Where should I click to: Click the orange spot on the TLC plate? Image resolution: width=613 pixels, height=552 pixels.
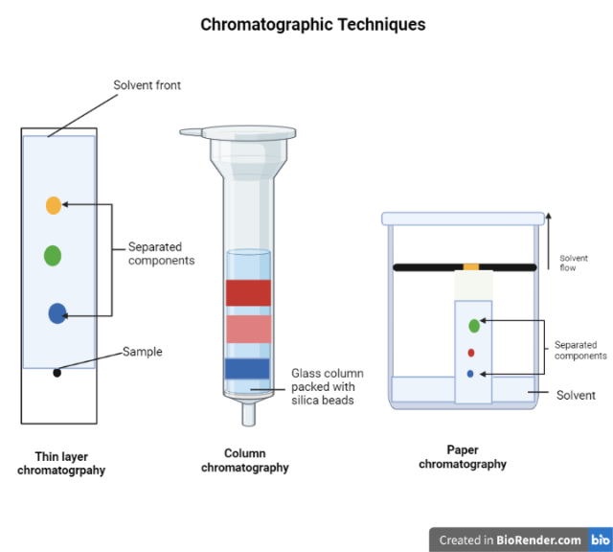[x=54, y=204]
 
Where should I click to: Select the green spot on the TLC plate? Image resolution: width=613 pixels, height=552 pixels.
[x=53, y=255]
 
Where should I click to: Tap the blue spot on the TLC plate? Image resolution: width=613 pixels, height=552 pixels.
[x=57, y=312]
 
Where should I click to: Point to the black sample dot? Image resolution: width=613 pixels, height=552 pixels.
[x=57, y=372]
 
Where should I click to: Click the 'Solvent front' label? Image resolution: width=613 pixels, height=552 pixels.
[x=147, y=85]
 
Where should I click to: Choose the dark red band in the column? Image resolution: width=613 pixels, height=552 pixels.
[x=249, y=292]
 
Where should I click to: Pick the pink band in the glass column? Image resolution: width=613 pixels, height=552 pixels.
[x=249, y=329]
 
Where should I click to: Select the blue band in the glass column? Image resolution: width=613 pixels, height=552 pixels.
[x=249, y=368]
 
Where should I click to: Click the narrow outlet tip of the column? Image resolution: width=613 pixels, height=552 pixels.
[x=249, y=414]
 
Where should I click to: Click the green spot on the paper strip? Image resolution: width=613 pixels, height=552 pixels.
[x=474, y=326]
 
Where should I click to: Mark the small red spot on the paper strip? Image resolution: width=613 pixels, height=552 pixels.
[x=471, y=353]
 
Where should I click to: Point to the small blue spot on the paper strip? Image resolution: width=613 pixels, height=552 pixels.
[x=470, y=373]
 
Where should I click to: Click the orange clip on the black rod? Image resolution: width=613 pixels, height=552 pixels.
[x=470, y=265]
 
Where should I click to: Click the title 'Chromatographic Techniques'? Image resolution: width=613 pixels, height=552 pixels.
[x=313, y=25]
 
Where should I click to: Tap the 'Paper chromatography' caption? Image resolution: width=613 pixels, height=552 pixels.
[x=463, y=457]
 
